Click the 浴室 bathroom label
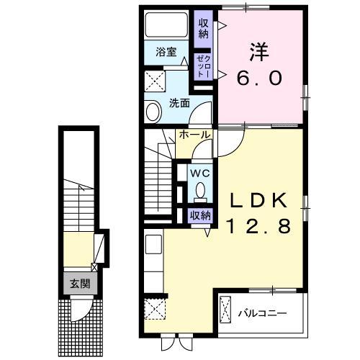coord(166,51)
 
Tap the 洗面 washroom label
coord(179,103)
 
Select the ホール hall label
coord(194,135)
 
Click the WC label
coord(199,174)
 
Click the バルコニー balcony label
coord(263,313)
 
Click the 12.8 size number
coord(260,227)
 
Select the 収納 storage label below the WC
coord(200,215)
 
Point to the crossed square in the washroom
coord(154,78)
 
